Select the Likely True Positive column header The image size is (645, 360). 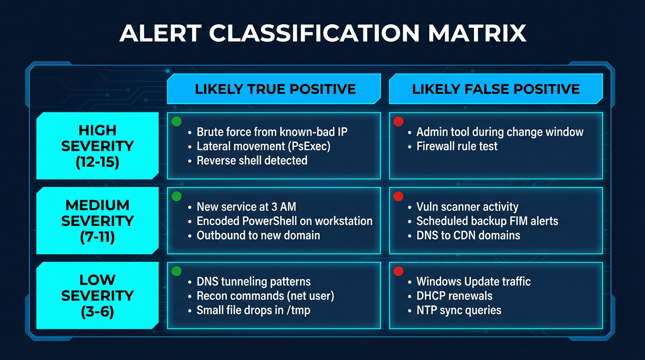(275, 89)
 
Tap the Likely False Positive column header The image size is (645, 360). (496, 89)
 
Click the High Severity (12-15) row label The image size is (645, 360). (97, 145)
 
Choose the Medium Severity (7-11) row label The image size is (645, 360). (97, 220)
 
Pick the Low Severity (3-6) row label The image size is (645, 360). (97, 295)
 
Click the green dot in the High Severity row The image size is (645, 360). (176, 121)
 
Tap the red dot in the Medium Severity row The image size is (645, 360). (398, 196)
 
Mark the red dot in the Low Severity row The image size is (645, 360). (398, 271)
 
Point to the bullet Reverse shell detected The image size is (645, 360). (252, 160)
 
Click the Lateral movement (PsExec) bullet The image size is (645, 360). (263, 146)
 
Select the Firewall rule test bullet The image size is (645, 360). (457, 146)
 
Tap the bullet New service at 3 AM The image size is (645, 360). (246, 207)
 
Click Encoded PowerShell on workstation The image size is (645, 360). (284, 221)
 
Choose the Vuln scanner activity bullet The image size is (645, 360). (467, 207)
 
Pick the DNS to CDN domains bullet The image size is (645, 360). (468, 235)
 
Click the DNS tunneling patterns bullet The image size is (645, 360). (254, 282)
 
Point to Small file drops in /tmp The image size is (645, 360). (253, 310)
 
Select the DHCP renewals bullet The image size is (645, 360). (454, 296)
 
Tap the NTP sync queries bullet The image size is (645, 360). (459, 310)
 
